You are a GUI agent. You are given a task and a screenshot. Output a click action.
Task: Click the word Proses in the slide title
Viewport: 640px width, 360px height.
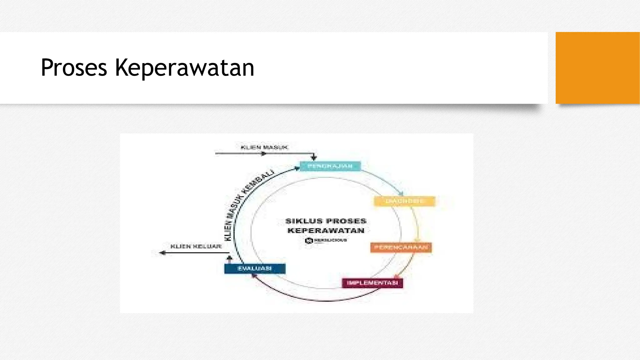[74, 67]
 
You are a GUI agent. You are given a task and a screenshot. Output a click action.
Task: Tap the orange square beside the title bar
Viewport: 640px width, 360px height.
[597, 68]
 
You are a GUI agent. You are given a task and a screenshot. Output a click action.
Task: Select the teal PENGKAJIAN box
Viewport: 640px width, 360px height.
[330, 166]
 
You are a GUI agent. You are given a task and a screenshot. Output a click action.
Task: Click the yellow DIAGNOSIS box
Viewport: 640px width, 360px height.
[404, 201]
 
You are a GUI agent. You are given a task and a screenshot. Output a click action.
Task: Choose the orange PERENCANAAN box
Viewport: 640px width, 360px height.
[401, 247]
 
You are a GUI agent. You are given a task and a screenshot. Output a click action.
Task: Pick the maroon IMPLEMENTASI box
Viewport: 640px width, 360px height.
[372, 283]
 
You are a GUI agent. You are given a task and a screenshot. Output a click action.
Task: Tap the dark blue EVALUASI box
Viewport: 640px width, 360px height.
[255, 268]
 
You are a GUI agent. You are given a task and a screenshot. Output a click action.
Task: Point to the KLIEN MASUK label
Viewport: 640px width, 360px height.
[264, 147]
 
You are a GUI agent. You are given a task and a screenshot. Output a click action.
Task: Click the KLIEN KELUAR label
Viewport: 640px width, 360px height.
[196, 246]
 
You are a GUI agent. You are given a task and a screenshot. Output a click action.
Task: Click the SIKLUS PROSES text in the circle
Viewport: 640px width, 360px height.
[326, 221]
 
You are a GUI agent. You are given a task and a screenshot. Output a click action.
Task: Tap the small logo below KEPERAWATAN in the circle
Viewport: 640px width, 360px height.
[309, 240]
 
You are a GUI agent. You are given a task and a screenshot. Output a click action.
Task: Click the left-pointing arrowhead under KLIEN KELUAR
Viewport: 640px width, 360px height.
[162, 252]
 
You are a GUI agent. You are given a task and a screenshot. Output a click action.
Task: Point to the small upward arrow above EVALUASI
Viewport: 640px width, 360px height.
[229, 258]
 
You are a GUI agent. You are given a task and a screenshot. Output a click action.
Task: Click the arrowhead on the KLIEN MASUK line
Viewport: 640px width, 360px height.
[263, 153]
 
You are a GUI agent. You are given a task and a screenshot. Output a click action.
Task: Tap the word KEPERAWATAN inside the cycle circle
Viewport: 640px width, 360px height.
[326, 231]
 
